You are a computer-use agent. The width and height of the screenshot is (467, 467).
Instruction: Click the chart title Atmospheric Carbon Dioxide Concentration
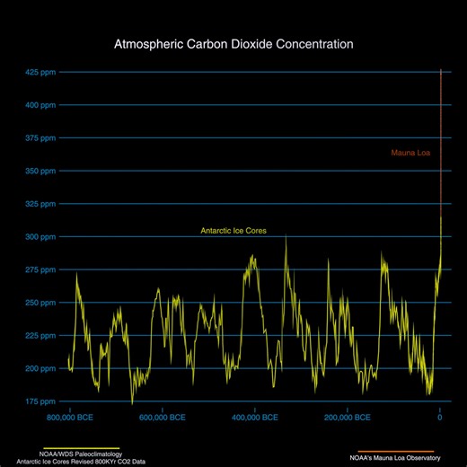pyautogui.click(x=233, y=43)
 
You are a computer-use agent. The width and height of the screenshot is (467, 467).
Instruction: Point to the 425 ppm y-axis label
pyautogui.click(x=42, y=72)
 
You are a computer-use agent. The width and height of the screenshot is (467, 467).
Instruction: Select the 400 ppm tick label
pyautogui.click(x=42, y=105)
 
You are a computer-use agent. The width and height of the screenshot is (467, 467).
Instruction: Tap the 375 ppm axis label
pyautogui.click(x=42, y=137)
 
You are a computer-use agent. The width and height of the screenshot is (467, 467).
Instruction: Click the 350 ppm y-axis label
pyautogui.click(x=42, y=171)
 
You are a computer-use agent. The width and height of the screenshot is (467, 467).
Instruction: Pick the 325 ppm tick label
pyautogui.click(x=42, y=204)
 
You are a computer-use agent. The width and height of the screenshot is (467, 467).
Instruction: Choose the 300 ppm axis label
pyautogui.click(x=42, y=236)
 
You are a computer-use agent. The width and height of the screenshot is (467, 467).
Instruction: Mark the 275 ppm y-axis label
pyautogui.click(x=42, y=269)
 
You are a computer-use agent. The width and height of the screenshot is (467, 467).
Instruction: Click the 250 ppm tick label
pyautogui.click(x=42, y=303)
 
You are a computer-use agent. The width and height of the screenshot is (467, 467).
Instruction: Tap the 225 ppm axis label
pyautogui.click(x=42, y=335)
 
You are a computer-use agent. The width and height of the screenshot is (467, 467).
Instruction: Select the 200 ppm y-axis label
pyautogui.click(x=42, y=368)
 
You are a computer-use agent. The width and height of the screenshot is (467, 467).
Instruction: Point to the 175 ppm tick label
pyautogui.click(x=42, y=401)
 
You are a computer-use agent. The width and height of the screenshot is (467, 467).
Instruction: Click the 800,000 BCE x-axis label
pyautogui.click(x=69, y=418)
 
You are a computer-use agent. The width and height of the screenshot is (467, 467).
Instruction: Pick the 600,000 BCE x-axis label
pyautogui.click(x=162, y=418)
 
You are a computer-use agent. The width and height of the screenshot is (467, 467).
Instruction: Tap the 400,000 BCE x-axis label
pyautogui.click(x=254, y=418)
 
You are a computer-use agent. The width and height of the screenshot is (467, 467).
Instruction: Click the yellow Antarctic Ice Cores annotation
pyautogui.click(x=233, y=231)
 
